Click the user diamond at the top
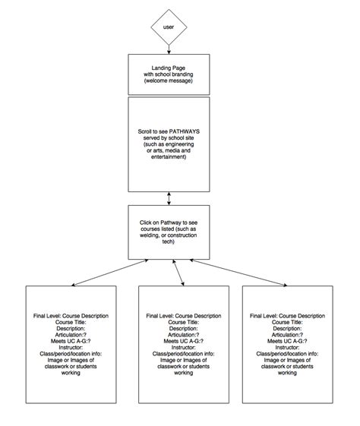168,29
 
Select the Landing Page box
169,76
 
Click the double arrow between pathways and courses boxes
169,198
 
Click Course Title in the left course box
71,322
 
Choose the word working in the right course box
286,373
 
